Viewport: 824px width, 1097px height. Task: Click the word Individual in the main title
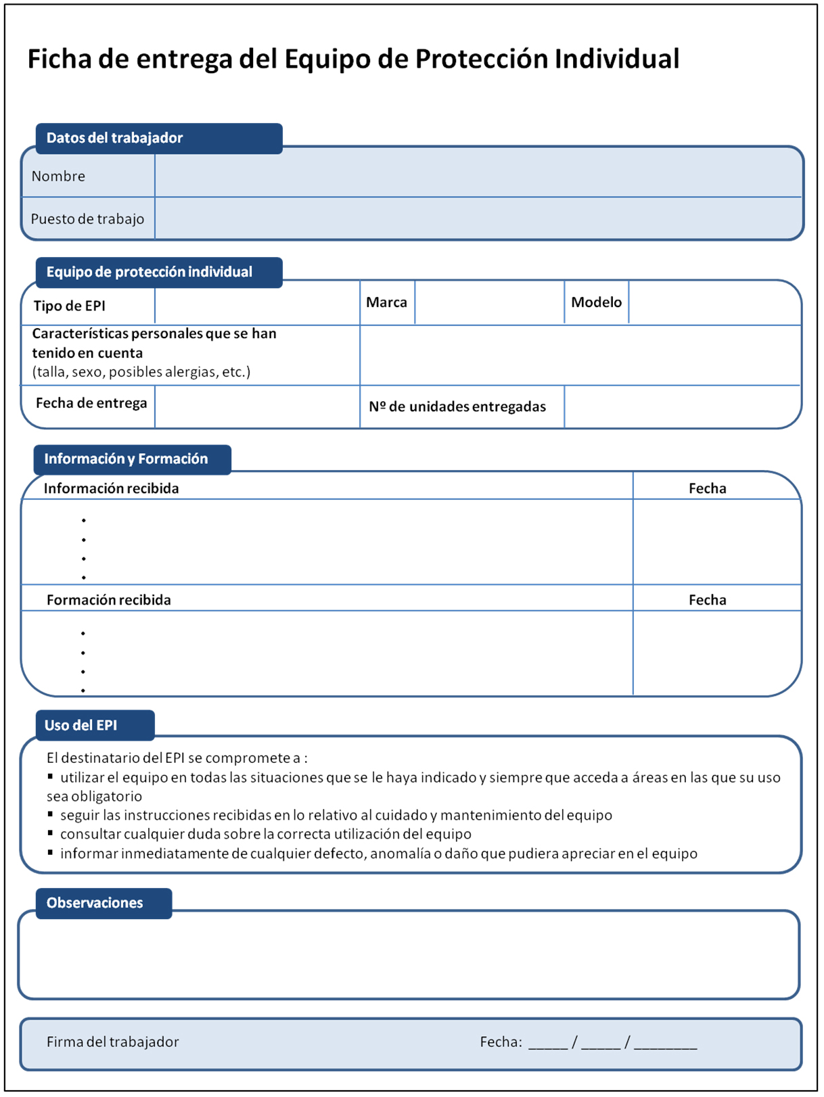(616, 59)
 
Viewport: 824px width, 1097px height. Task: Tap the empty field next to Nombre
(478, 176)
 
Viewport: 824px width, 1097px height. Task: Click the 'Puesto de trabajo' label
(87, 219)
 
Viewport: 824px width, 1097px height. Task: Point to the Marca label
(386, 302)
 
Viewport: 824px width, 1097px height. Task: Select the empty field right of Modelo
(714, 302)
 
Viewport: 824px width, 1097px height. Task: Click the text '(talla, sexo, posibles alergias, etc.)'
(141, 372)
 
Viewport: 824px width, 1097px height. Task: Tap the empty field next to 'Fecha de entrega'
(257, 406)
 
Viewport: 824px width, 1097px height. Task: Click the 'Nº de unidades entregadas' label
(457, 406)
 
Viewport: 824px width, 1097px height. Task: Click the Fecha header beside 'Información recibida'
(707, 488)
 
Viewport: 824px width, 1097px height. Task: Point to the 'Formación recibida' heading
(108, 600)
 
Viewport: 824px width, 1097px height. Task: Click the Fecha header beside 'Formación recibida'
(707, 600)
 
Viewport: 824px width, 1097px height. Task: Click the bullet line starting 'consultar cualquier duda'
(265, 834)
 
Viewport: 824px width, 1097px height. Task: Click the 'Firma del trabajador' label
(112, 1042)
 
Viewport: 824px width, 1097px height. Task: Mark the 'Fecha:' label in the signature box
(501, 1042)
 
